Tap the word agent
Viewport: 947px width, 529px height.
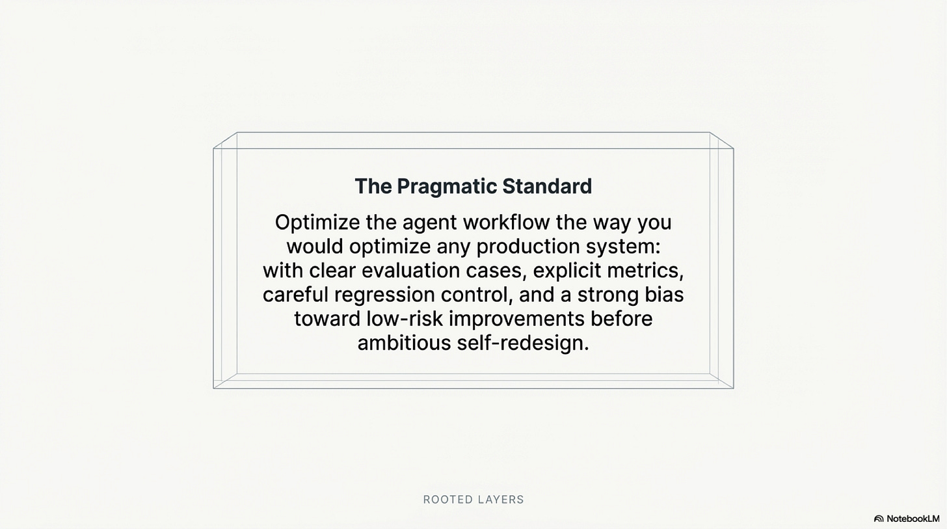coord(430,223)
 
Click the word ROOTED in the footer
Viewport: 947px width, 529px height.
coord(445,500)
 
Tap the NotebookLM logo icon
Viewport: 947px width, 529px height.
coord(879,519)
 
